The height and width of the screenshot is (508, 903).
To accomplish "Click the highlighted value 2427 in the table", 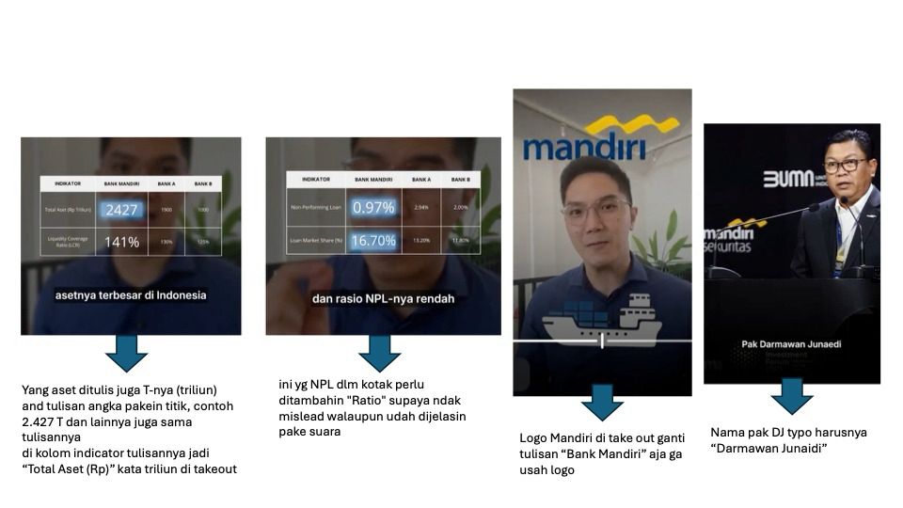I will point(123,210).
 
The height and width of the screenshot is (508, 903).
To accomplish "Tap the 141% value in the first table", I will point(123,242).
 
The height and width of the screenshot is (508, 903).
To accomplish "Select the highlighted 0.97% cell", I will point(373,208).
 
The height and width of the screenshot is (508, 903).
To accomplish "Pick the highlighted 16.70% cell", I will point(373,241).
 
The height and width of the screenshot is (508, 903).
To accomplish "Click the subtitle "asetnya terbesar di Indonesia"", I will point(131,294).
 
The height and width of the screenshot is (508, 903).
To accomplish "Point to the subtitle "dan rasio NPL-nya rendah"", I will point(383,299).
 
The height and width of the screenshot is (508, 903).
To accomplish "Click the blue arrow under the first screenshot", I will point(126,353).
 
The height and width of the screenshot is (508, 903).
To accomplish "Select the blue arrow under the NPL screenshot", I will point(379,353).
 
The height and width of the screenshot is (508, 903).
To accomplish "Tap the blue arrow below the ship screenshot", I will point(602,402).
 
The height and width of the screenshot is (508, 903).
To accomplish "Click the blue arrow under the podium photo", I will point(791,396).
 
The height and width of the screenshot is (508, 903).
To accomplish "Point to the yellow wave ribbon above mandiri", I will point(631,124).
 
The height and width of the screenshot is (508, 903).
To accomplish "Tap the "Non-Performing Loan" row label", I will point(314,208).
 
